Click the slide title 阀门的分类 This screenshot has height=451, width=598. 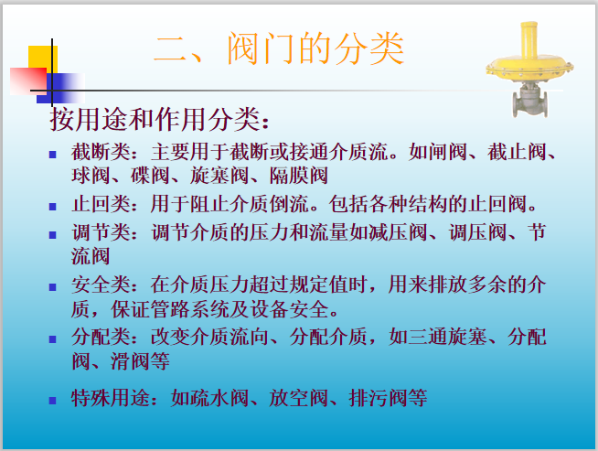click(278, 48)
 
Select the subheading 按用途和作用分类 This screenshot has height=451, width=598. click(159, 120)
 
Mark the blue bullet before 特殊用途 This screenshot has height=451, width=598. click(54, 401)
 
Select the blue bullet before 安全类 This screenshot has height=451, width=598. click(54, 287)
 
